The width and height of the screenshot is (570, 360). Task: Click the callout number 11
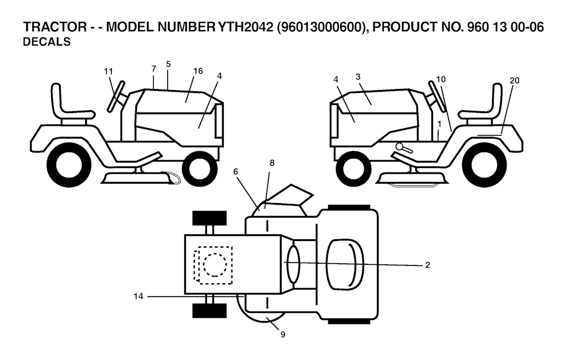point(109,71)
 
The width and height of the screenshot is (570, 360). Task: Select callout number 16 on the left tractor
point(198,71)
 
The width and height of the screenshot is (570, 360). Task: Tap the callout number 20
point(514,81)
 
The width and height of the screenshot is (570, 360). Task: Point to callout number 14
point(139,297)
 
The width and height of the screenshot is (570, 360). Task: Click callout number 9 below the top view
point(283,334)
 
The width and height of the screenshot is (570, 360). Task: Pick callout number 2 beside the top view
point(427,265)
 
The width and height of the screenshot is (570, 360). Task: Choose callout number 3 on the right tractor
point(358,76)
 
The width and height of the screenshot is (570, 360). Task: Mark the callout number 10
point(441,80)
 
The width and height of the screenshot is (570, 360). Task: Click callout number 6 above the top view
point(236,172)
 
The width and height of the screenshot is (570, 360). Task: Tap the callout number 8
point(272,163)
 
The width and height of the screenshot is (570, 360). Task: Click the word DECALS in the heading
point(47,42)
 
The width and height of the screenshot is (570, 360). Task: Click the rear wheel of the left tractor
point(69,165)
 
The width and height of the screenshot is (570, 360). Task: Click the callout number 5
point(168,63)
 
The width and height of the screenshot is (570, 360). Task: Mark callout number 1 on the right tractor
point(439,123)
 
